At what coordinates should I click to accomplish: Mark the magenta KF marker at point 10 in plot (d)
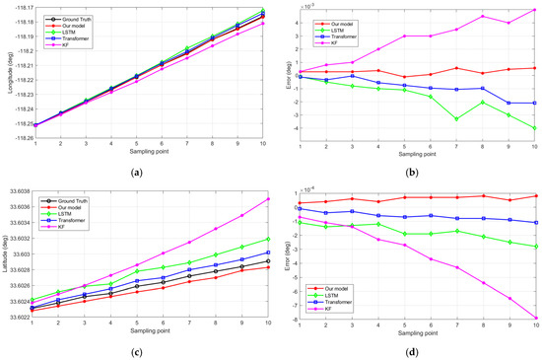tap(534, 318)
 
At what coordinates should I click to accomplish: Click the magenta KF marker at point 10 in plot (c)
tap(267, 199)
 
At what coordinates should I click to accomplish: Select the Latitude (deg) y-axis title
tap(7, 254)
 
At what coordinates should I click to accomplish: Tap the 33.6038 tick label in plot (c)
tap(17, 191)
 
